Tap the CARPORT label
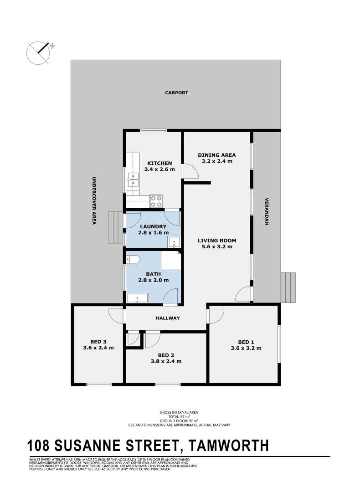(176, 93)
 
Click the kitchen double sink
(133, 180)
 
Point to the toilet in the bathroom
(133, 260)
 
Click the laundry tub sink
(174, 242)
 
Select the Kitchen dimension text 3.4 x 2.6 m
(159, 169)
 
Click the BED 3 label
(98, 341)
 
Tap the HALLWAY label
(169, 318)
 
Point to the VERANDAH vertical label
(267, 212)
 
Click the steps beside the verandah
(288, 287)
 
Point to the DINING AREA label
(216, 155)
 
